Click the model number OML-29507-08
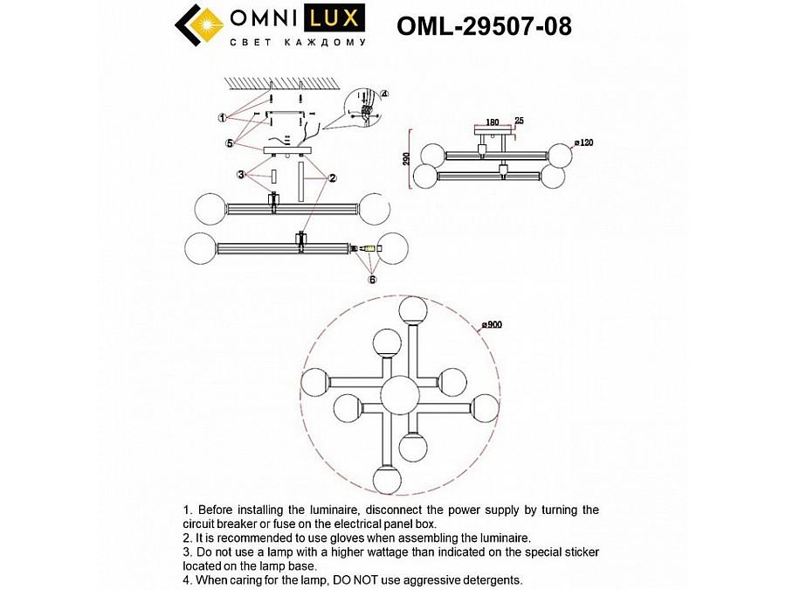point(484,27)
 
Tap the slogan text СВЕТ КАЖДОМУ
point(296,41)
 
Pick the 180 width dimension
point(493,123)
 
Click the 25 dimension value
point(520,121)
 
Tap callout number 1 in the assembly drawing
point(224,117)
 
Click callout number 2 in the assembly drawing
point(333,177)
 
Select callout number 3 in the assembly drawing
point(241,175)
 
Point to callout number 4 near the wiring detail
point(384,94)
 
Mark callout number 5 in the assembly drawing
point(230,142)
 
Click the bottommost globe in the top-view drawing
point(385,479)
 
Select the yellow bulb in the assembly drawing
point(369,249)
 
